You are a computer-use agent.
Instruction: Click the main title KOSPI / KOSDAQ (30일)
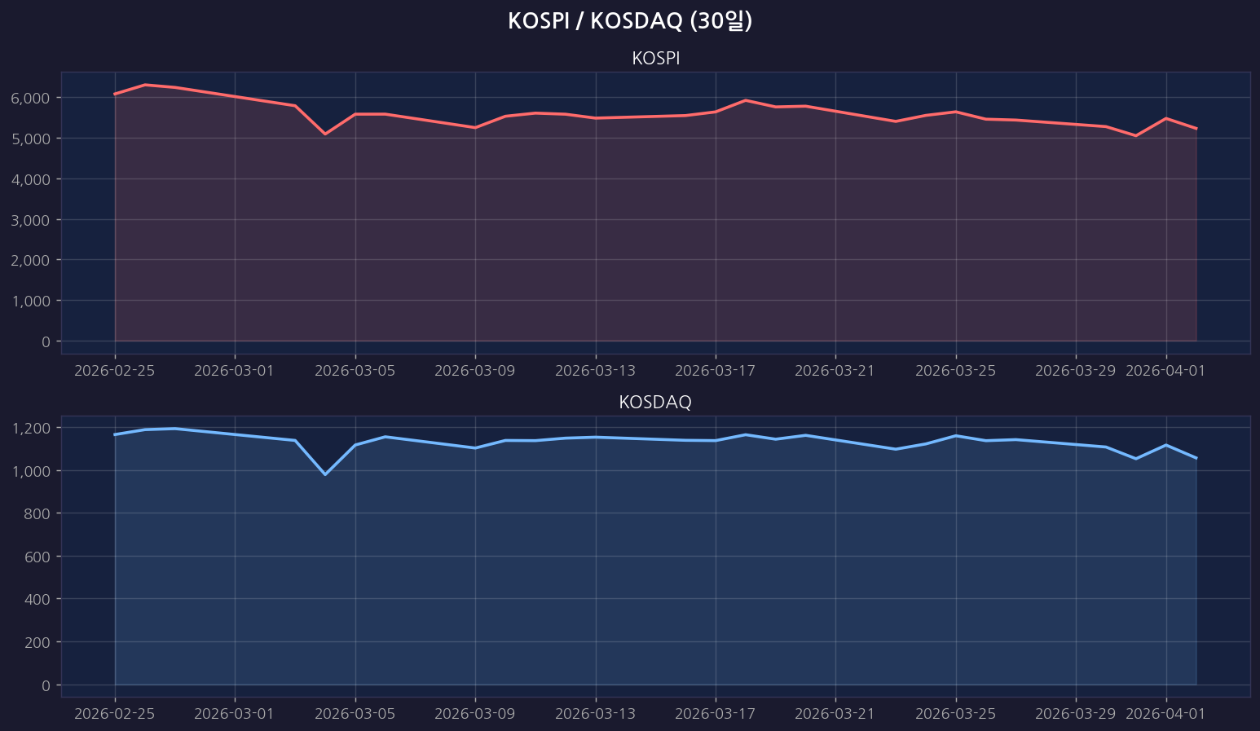[629, 21]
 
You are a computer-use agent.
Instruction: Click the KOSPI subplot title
[655, 59]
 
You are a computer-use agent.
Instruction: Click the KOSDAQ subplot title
[655, 403]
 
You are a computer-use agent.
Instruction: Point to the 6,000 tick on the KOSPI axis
[31, 98]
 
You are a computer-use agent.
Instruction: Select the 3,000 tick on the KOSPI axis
[31, 220]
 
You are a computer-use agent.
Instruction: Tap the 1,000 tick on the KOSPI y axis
[31, 301]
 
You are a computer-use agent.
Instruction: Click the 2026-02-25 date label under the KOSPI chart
[114, 371]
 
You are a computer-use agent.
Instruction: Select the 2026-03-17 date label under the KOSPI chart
[715, 371]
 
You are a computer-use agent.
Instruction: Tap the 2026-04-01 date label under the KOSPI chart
[1165, 371]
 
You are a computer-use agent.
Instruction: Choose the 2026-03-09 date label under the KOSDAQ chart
[474, 714]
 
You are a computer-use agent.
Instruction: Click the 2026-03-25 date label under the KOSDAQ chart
[955, 714]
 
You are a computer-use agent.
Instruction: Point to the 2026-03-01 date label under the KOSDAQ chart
[235, 714]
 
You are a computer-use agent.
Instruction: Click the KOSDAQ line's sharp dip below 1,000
[325, 474]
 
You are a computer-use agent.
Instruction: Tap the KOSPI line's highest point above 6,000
[145, 85]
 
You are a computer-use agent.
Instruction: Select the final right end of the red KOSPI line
[1196, 129]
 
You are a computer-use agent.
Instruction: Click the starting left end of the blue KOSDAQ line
[115, 434]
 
